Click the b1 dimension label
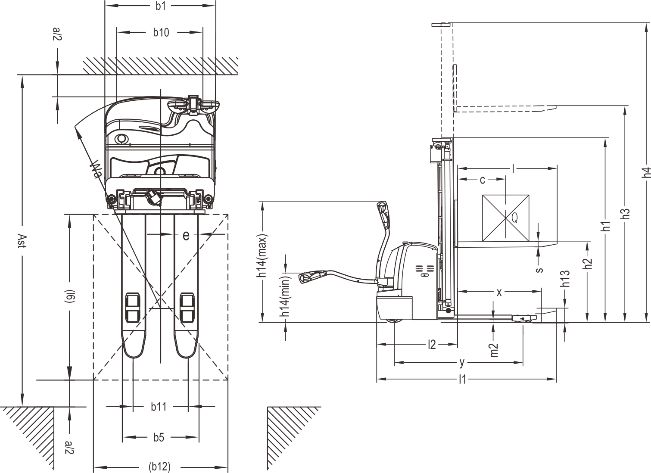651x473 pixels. click(160, 6)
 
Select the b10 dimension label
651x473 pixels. click(161, 32)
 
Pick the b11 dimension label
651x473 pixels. click(159, 407)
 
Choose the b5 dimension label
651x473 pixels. click(159, 437)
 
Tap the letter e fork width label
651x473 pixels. click(186, 235)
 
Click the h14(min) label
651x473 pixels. click(286, 296)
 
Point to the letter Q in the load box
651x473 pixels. click(514, 217)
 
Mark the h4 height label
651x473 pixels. click(646, 172)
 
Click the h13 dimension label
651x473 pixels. click(565, 279)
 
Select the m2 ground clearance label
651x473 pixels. click(494, 350)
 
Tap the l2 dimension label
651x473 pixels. click(432, 345)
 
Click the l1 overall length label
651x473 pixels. click(462, 379)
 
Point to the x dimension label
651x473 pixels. click(499, 292)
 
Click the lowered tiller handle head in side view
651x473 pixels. click(311, 276)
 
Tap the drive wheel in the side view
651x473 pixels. click(394, 321)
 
